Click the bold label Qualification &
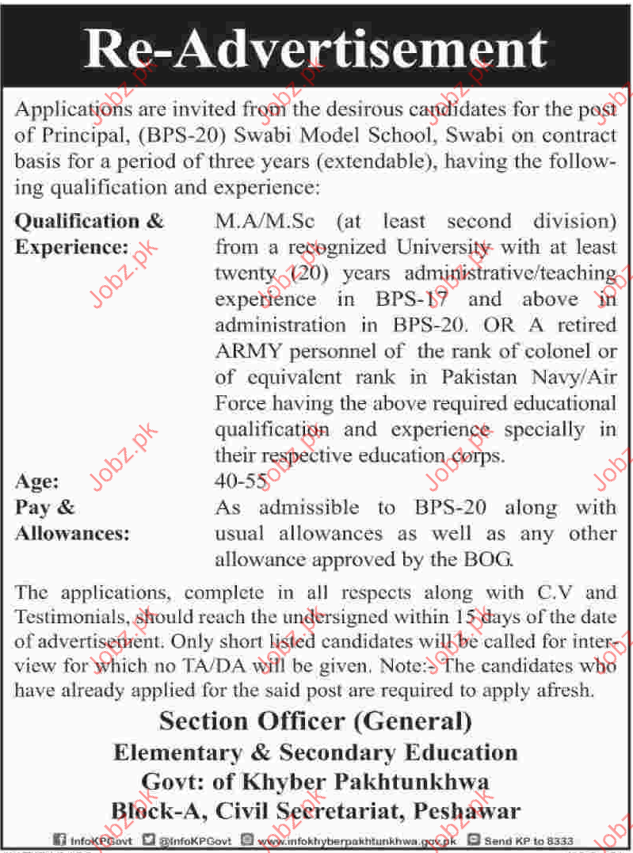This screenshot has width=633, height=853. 90,221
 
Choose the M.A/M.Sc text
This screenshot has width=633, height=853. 265,222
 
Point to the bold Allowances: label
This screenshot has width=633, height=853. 72,533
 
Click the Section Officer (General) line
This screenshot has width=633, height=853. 315,721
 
